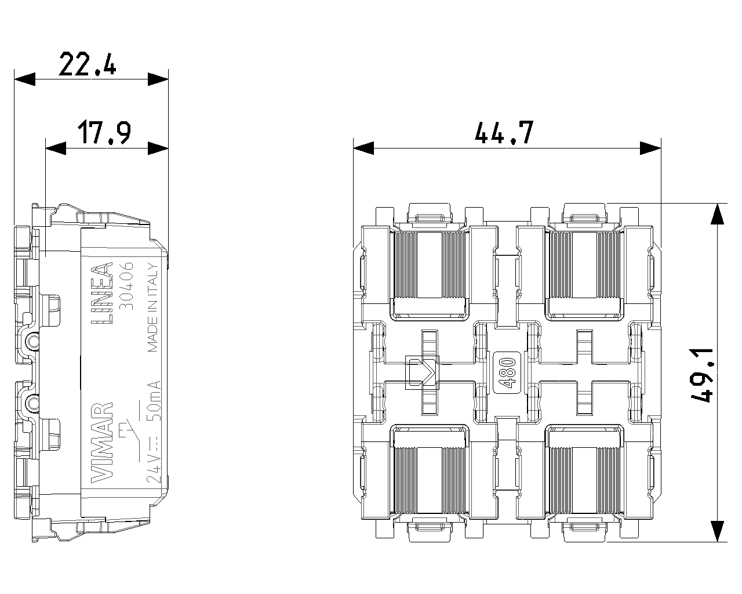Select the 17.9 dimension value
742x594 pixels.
104,133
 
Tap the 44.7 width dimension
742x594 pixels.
503,133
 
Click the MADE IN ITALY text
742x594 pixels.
152,308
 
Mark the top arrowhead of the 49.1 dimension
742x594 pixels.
718,214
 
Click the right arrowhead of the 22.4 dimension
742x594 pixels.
158,79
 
